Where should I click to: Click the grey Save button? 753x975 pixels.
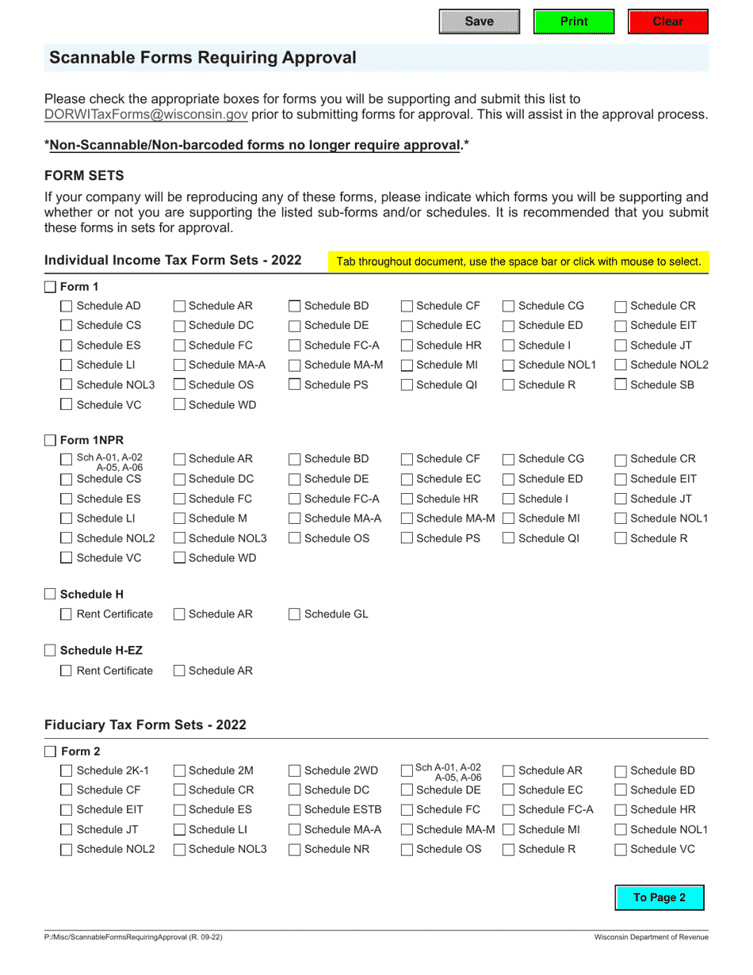[479, 21]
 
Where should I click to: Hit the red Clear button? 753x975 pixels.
[667, 21]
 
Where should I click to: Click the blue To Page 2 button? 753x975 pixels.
[659, 897]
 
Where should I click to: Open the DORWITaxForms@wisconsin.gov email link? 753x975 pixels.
[146, 114]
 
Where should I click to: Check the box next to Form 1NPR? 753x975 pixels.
[50, 440]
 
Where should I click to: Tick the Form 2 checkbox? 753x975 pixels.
[50, 751]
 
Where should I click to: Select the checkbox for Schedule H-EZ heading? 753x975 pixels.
[50, 651]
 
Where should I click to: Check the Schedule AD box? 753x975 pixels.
[67, 306]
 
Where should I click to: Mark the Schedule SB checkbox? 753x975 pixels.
[621, 385]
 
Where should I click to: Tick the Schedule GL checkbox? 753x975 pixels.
[294, 614]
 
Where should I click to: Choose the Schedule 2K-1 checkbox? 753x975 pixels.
[67, 770]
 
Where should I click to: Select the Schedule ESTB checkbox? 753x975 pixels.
[294, 810]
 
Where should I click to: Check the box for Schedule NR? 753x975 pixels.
[294, 850]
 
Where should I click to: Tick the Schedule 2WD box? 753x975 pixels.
[294, 770]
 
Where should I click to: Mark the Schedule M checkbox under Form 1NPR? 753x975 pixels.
[179, 519]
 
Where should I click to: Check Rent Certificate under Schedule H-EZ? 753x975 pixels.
[67, 671]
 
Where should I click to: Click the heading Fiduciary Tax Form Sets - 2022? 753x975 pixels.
[145, 725]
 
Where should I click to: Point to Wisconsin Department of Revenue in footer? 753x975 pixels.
[652, 937]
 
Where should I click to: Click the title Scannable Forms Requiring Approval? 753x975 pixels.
[203, 58]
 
